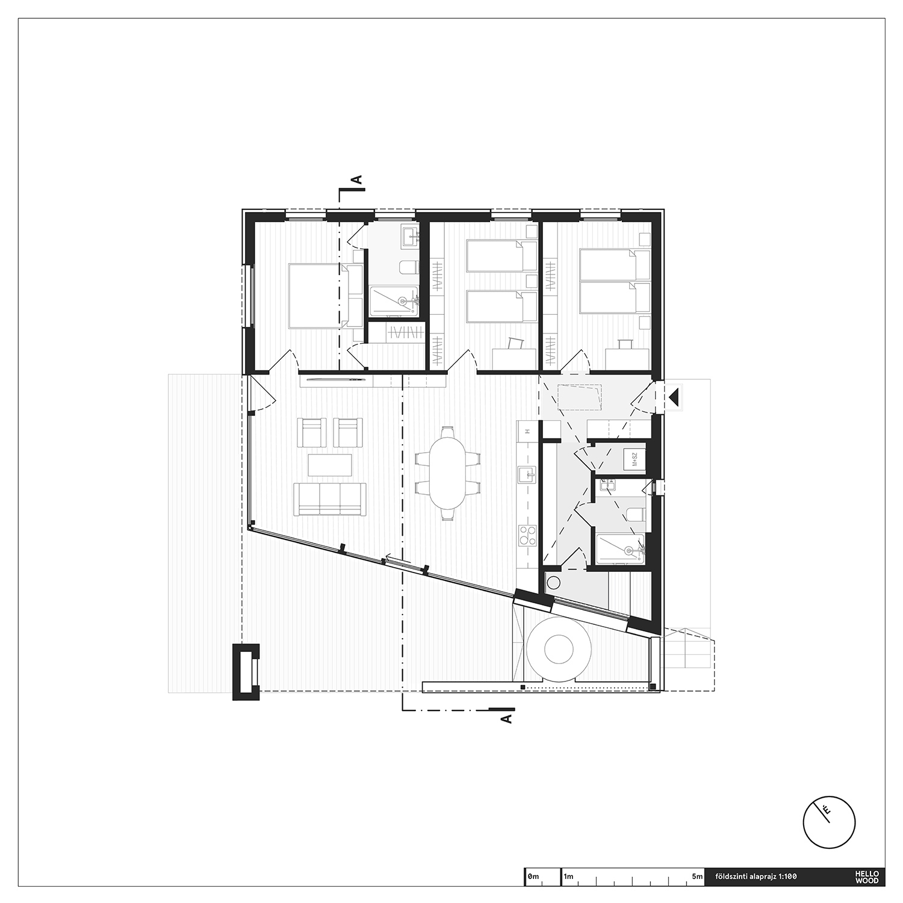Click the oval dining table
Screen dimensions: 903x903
click(x=448, y=474)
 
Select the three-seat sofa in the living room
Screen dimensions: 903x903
click(x=330, y=499)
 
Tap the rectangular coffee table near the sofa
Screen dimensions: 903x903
click(x=330, y=464)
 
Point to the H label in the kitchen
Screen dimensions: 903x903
click(x=527, y=432)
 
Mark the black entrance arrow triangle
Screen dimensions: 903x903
click(x=674, y=397)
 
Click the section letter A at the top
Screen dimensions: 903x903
click(x=356, y=179)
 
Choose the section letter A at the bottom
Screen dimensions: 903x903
click(x=506, y=718)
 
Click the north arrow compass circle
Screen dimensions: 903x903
click(x=829, y=822)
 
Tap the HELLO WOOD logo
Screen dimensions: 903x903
click(x=870, y=877)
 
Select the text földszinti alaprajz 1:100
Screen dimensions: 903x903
click(x=755, y=877)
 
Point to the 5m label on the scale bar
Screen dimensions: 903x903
click(x=697, y=877)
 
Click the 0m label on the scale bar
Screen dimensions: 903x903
click(x=533, y=877)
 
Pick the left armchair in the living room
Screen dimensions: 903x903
click(x=312, y=432)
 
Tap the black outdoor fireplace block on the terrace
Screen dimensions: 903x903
click(x=246, y=672)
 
